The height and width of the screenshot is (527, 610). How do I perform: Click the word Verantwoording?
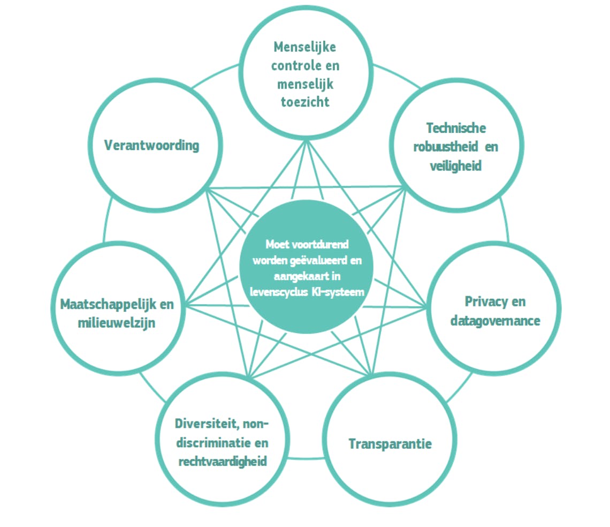click(x=151, y=145)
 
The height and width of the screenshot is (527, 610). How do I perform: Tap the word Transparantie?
click(x=390, y=443)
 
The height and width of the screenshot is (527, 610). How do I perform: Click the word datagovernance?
click(x=495, y=320)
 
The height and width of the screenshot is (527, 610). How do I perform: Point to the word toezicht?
click(x=305, y=101)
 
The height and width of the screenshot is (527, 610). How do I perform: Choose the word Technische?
click(x=456, y=128)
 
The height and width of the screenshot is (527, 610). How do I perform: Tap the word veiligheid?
click(x=455, y=165)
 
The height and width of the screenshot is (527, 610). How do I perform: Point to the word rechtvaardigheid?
click(x=221, y=462)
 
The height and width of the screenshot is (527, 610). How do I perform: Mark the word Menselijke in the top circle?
click(x=305, y=47)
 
